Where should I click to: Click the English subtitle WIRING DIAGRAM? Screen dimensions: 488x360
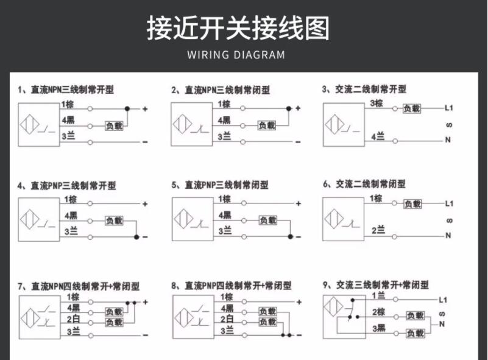pyautogui.click(x=236, y=55)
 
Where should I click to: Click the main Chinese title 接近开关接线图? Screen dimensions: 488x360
pyautogui.click(x=238, y=28)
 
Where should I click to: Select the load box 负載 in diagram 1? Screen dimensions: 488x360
pyautogui.click(x=114, y=126)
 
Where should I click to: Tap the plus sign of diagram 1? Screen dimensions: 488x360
pyautogui.click(x=145, y=109)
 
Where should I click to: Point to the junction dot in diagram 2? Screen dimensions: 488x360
pyautogui.click(x=289, y=108)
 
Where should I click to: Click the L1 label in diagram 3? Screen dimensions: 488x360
pyautogui.click(x=449, y=108)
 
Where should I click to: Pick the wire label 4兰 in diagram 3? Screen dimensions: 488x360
pyautogui.click(x=378, y=136)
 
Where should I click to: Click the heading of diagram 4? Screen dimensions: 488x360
pyautogui.click(x=66, y=186)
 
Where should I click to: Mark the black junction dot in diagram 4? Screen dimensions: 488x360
pyautogui.click(x=136, y=237)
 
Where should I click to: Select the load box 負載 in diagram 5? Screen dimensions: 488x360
pyautogui.click(x=268, y=221)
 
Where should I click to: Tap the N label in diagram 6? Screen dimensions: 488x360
pyautogui.click(x=448, y=236)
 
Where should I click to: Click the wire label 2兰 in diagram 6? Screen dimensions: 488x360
pyautogui.click(x=378, y=230)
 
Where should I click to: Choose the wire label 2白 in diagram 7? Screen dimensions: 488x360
pyautogui.click(x=74, y=319)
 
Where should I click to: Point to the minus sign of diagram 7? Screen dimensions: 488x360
pyautogui.click(x=145, y=336)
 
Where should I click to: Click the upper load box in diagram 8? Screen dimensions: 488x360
pyautogui.click(x=267, y=311)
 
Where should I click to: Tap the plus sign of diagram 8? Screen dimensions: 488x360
pyautogui.click(x=299, y=302)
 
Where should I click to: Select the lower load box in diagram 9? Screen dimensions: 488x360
pyautogui.click(x=415, y=333)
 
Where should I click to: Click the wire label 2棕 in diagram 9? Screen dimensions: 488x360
pyautogui.click(x=379, y=312)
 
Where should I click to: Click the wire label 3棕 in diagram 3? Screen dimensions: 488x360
pyautogui.click(x=377, y=104)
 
